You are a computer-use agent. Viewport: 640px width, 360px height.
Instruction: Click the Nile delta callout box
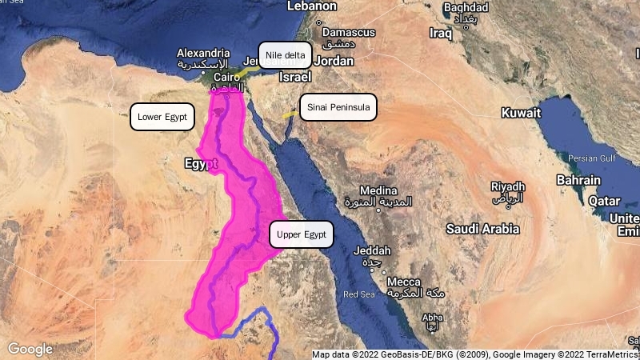coord(285,54)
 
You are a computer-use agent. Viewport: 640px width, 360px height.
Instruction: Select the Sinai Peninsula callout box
coord(338,107)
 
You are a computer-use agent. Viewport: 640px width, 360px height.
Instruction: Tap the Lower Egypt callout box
coord(162,117)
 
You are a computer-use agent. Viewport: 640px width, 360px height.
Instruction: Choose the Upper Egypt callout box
coord(302,234)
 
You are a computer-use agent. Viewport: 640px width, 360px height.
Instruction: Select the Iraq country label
coord(441,34)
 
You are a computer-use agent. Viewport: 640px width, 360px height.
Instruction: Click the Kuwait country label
coord(521,114)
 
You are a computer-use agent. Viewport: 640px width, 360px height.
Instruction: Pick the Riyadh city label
coord(508,186)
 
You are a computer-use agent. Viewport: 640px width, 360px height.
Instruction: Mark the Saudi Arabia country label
coord(482,229)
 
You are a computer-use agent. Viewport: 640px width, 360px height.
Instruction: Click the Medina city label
coord(378,191)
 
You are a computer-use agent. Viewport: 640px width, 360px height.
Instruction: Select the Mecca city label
coord(403,282)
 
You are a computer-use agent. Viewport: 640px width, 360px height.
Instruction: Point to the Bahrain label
coord(578,181)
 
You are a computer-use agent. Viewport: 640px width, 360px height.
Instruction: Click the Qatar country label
coord(605,201)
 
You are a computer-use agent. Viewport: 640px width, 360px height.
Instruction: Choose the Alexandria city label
coord(203,53)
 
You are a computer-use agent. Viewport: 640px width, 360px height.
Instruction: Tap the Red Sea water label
coord(358,294)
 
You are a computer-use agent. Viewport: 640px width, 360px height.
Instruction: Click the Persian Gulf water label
coord(592,158)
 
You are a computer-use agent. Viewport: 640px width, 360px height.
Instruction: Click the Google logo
coord(30,349)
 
